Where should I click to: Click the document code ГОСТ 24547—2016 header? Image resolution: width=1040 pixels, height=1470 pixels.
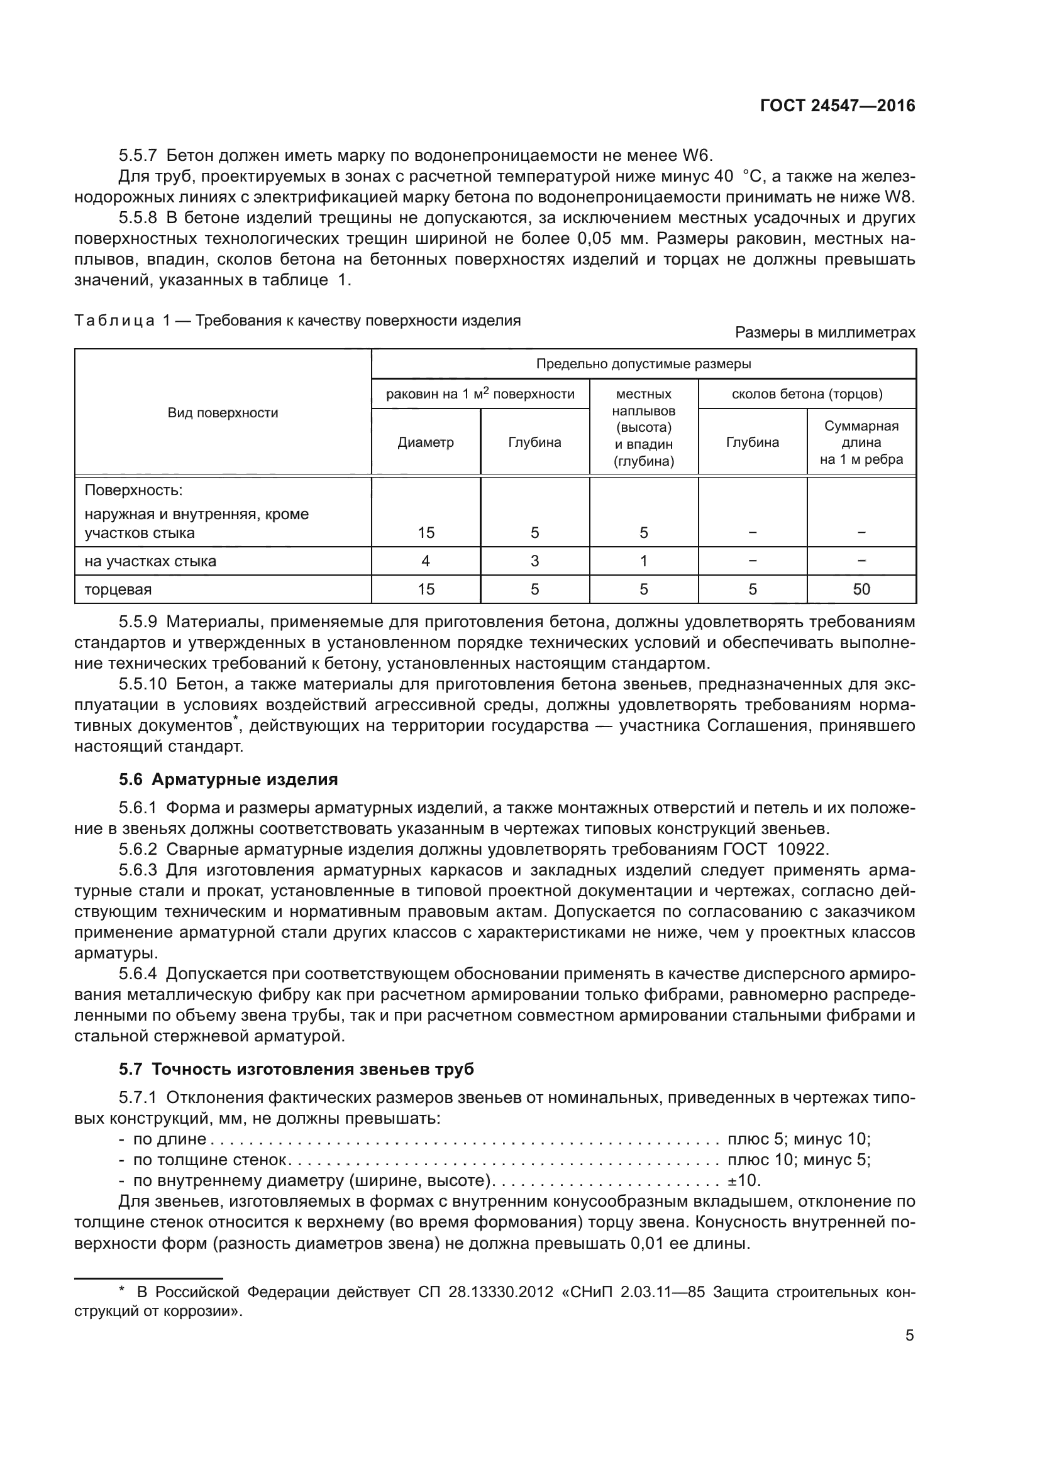tap(837, 106)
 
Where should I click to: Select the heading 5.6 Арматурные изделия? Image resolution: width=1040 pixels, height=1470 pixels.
tap(228, 779)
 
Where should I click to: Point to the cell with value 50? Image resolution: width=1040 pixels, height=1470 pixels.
tap(861, 589)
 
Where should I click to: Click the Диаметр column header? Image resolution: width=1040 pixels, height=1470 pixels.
tap(425, 442)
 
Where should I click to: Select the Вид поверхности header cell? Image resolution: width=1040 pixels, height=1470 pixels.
tap(223, 413)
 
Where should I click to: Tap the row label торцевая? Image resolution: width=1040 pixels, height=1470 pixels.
tap(118, 590)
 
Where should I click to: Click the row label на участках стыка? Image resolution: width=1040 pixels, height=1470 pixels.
tap(150, 561)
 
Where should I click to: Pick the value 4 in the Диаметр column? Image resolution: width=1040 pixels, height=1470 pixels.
tap(425, 561)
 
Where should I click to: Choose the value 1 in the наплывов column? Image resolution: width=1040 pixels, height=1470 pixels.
tap(644, 561)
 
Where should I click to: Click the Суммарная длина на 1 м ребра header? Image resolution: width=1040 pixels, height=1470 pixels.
tap(861, 442)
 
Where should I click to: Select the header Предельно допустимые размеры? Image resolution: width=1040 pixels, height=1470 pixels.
tap(644, 365)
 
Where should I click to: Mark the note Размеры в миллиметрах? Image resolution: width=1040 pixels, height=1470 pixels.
tap(825, 332)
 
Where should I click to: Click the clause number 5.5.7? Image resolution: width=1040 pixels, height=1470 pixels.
tap(138, 156)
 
